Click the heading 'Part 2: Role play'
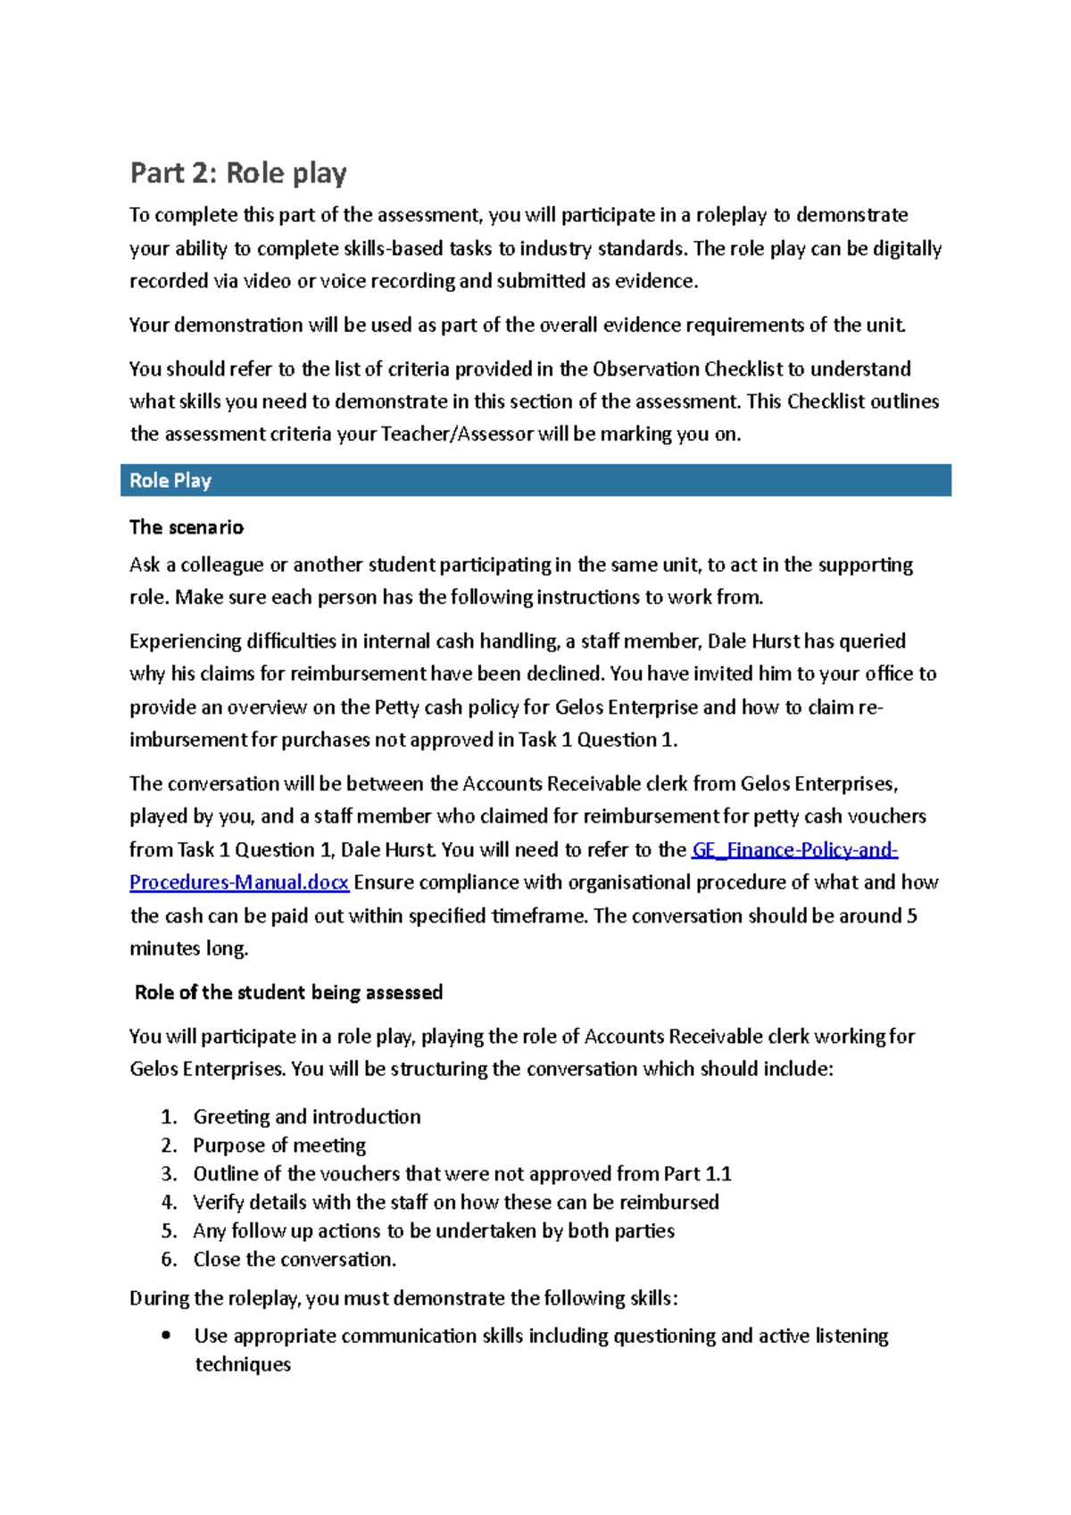pos(238,172)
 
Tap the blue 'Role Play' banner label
pos(170,481)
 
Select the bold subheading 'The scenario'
pos(187,527)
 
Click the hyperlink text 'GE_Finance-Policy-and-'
pos(794,849)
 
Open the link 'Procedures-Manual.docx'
pos(239,882)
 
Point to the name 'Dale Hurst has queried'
pos(806,642)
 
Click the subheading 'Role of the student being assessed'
pos(288,992)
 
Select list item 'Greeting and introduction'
pos(307,1116)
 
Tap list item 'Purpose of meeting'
pos(279,1145)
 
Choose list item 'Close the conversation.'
pos(295,1259)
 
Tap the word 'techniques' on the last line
pos(243,1364)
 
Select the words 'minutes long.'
pos(188,948)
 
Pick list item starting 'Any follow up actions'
pos(434,1230)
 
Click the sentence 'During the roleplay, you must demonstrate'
pos(403,1298)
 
